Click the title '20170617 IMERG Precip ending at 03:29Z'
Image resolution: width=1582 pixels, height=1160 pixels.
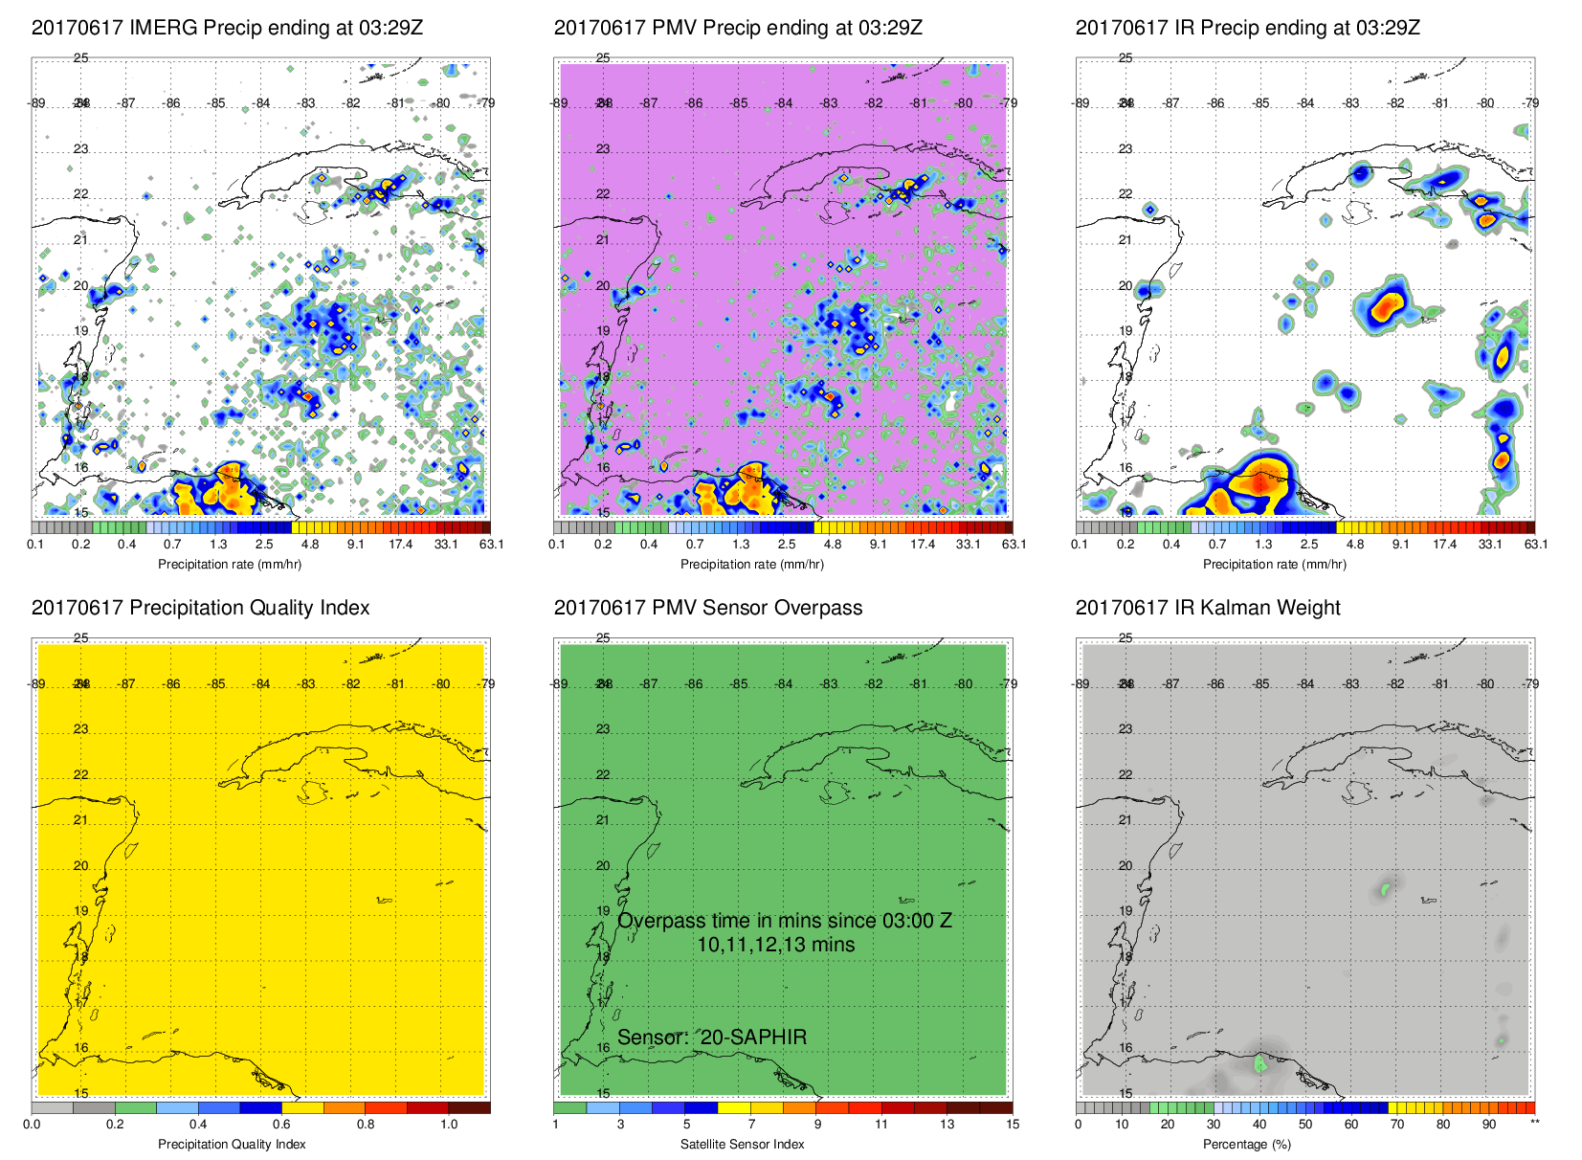coord(227,28)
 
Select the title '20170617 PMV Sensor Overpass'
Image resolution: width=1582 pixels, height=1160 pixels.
coord(707,608)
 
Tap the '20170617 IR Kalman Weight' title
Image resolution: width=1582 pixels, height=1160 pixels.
coord(1208,608)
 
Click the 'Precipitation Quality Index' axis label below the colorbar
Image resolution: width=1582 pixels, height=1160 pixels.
coord(232,1144)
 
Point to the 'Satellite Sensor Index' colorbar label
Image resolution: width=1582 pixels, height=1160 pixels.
coord(742,1144)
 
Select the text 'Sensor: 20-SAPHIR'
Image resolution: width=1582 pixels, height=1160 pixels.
coord(712,1037)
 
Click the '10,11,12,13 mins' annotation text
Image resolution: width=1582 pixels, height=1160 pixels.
coord(775,945)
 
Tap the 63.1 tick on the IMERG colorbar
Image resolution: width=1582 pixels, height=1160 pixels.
coord(491,545)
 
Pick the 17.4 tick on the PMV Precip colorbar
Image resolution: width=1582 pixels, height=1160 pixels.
coord(923,545)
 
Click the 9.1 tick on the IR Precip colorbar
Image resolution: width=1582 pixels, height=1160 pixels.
coord(1400,545)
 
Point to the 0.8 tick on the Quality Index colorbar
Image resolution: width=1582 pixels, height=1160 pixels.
coord(366,1125)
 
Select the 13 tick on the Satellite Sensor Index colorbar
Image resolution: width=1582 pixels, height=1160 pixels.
coord(947,1125)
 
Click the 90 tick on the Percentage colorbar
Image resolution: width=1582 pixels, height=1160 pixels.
coord(1489,1125)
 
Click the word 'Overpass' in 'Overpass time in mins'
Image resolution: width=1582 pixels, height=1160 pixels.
coord(657,921)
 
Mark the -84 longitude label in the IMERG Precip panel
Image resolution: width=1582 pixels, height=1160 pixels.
coord(261,103)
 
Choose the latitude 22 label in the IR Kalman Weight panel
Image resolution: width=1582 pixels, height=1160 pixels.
coord(1125,774)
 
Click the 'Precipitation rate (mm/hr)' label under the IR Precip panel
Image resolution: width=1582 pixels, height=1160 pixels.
coord(1274,564)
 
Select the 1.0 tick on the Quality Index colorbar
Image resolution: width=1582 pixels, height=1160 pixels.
coord(449,1125)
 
